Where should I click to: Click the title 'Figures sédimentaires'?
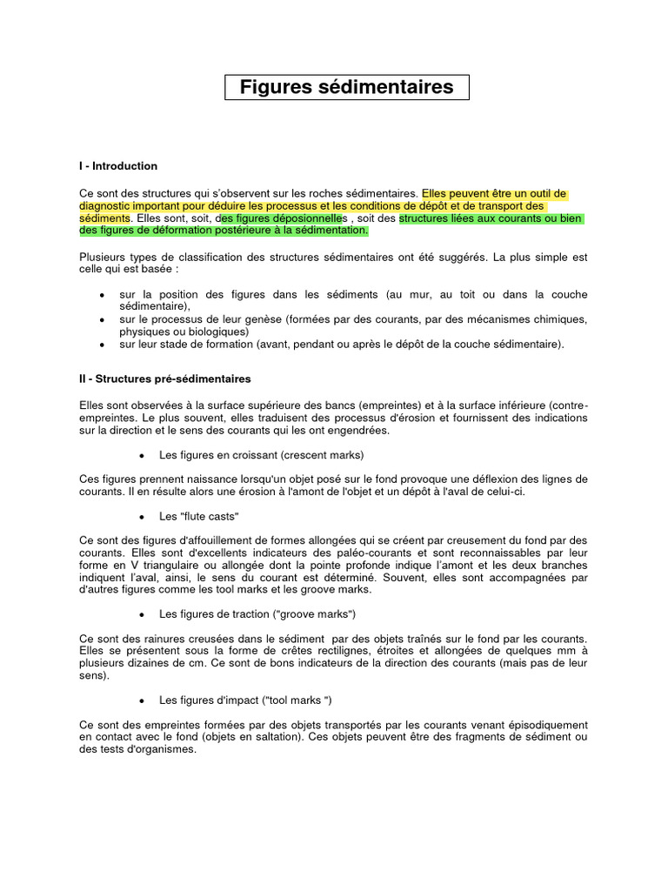[x=346, y=87]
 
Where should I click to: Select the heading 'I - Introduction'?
[x=118, y=165]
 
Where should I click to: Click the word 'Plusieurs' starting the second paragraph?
[x=102, y=258]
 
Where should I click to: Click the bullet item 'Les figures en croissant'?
[x=261, y=455]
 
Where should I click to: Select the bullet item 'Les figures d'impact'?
[x=245, y=700]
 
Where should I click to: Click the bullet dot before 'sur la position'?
[x=103, y=295]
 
